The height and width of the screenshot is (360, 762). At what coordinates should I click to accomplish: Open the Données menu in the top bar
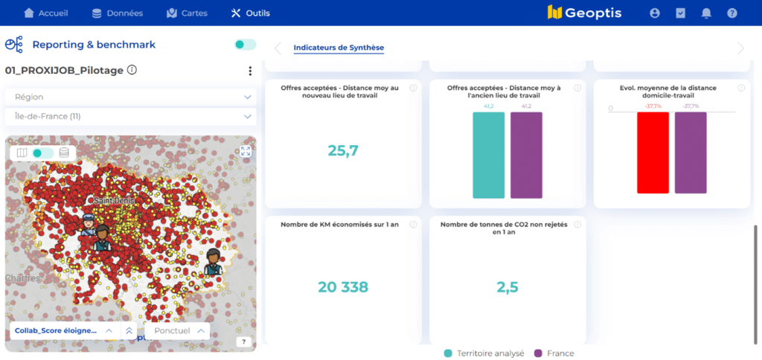[117, 13]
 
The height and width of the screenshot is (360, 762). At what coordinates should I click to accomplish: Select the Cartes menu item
[187, 13]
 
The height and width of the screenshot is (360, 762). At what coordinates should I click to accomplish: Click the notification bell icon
[706, 13]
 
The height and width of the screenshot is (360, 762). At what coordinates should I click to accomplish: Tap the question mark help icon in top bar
[732, 13]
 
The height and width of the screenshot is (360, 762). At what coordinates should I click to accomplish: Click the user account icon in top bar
[655, 13]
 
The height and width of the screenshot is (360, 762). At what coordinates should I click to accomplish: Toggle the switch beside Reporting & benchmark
[245, 45]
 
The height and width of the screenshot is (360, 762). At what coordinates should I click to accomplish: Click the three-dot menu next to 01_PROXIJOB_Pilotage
[250, 71]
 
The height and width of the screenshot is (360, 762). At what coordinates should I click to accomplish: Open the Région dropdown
[131, 97]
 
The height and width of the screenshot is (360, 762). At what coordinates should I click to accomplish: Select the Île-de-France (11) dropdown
[131, 117]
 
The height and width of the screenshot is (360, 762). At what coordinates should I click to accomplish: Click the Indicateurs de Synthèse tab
[339, 48]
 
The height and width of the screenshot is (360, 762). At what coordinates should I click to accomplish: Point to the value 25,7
[343, 150]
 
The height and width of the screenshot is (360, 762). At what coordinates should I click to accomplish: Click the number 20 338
[343, 287]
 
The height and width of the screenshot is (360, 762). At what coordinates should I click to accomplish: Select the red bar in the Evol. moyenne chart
[653, 152]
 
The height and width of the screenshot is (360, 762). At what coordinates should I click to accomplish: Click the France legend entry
[554, 353]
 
